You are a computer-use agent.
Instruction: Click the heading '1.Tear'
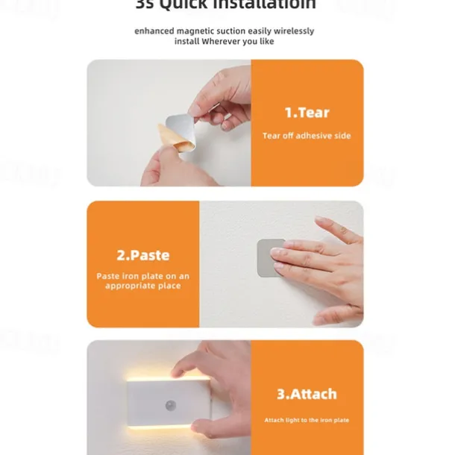307,113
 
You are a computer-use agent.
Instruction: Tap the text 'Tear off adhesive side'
307,136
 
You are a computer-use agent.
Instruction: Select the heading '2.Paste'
142,255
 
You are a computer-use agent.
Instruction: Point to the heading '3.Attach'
307,394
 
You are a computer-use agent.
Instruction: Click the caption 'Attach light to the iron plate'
307,420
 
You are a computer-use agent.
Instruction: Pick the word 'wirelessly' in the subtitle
293,31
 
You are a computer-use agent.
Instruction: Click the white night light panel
168,407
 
